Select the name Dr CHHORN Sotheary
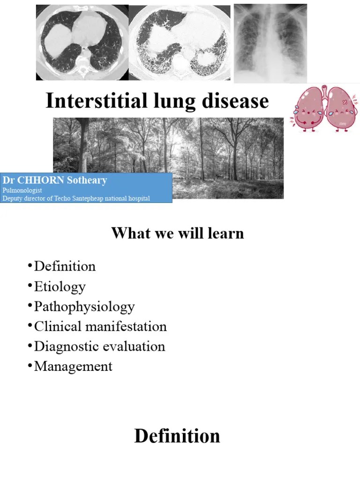pyautogui.click(x=55, y=180)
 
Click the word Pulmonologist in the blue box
pyautogui.click(x=22, y=190)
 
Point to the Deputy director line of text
pyautogui.click(x=76, y=198)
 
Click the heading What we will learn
pyautogui.click(x=178, y=233)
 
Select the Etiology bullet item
pyautogui.click(x=60, y=286)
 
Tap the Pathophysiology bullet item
pyautogui.click(x=84, y=307)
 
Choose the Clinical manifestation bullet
pyautogui.click(x=100, y=326)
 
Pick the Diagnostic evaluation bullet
pyautogui.click(x=99, y=346)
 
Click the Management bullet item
pyautogui.click(x=73, y=366)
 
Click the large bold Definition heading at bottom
pyautogui.click(x=177, y=436)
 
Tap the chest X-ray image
pyautogui.click(x=270, y=43)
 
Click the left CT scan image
pyautogui.click(x=82, y=43)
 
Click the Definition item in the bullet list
pyautogui.click(x=65, y=266)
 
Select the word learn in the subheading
pyautogui.click(x=226, y=233)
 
